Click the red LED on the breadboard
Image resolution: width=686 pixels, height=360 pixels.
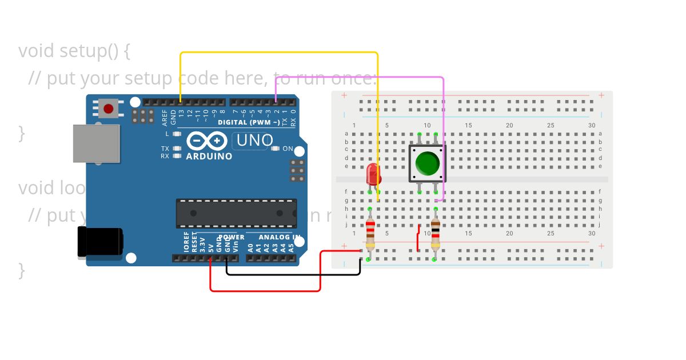373,174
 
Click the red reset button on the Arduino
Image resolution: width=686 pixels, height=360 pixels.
109,108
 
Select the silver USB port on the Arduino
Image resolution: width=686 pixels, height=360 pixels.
97,143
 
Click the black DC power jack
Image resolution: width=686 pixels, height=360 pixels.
100,242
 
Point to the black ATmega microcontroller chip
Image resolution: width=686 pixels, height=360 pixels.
236,213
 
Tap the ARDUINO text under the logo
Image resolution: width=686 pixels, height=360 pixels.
209,157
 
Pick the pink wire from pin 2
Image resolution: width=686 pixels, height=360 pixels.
360,77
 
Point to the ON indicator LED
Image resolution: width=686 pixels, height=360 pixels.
276,149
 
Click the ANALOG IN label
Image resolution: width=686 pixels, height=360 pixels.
280,237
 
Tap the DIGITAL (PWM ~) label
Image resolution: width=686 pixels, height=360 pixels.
249,122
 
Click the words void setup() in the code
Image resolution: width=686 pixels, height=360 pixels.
69,51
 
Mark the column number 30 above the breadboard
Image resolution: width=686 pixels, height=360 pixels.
592,126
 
